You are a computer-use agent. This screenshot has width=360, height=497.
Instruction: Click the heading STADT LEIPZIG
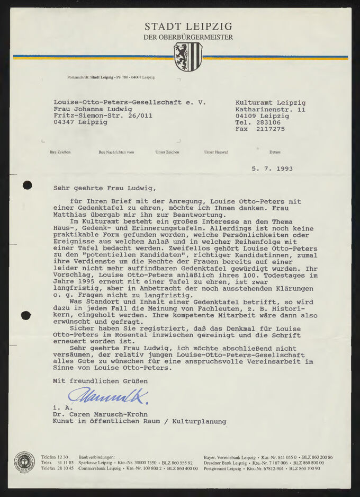click(x=188, y=26)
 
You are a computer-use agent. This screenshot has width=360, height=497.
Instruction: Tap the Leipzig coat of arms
click(x=188, y=56)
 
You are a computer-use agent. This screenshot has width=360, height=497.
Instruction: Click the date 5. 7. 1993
click(x=272, y=169)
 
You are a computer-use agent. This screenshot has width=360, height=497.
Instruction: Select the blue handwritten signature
click(x=107, y=395)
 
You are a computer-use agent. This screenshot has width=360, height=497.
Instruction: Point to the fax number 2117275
click(x=271, y=129)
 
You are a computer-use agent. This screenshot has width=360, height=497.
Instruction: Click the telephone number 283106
click(x=268, y=122)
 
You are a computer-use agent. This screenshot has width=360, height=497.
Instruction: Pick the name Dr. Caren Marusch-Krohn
click(x=101, y=414)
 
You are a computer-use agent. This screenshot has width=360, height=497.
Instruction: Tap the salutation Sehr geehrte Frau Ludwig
click(x=105, y=187)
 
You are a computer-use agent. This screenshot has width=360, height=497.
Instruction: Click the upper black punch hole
click(x=27, y=185)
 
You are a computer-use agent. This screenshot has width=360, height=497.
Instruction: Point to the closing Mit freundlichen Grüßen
click(x=101, y=381)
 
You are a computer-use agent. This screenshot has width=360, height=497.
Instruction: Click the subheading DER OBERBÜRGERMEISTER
click(x=188, y=38)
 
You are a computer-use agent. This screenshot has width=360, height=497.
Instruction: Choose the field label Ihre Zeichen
click(x=60, y=152)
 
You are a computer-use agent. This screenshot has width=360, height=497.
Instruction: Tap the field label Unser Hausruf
click(x=216, y=152)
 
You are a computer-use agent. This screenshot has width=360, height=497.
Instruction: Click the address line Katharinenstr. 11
click(x=271, y=109)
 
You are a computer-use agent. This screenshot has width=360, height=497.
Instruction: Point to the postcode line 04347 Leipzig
click(x=80, y=122)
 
